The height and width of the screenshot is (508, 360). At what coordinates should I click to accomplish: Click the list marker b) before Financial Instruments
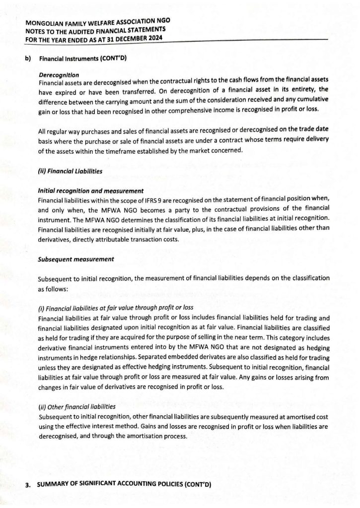tap(28, 59)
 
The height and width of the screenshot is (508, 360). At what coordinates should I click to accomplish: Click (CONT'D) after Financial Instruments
tap(113, 59)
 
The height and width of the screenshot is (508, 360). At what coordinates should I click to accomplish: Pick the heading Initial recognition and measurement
tap(91, 191)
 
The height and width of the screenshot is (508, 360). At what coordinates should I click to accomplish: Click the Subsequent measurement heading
tap(76, 259)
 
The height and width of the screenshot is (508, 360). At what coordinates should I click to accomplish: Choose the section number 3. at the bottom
tap(28, 485)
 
